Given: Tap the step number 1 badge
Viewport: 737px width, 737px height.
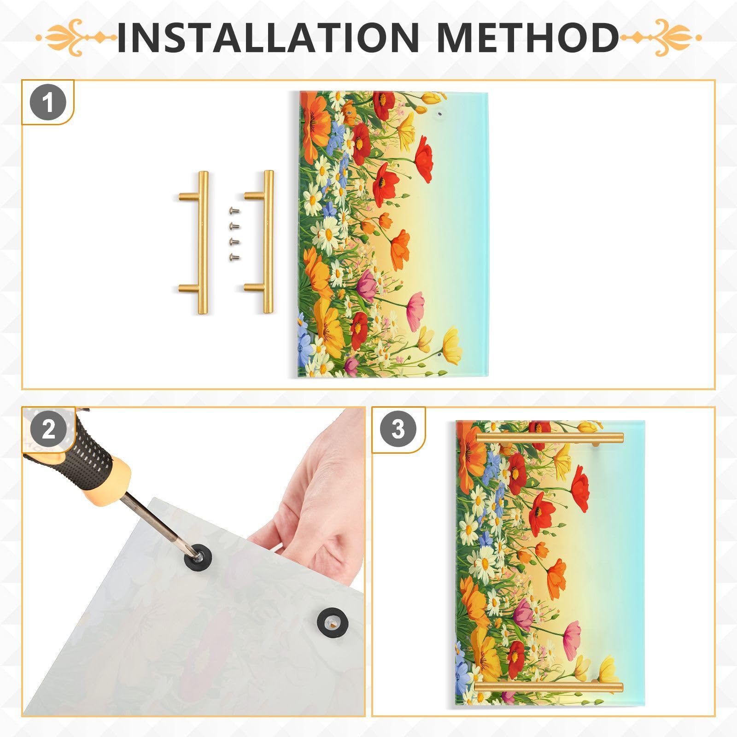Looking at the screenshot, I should [x=48, y=103].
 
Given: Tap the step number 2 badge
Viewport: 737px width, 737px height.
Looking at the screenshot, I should [x=48, y=430].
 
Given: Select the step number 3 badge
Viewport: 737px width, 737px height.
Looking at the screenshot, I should [x=398, y=430].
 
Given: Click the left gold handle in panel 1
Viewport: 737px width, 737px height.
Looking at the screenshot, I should [x=202, y=242].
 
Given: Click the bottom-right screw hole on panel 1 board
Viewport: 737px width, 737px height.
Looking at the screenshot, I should [x=439, y=356].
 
